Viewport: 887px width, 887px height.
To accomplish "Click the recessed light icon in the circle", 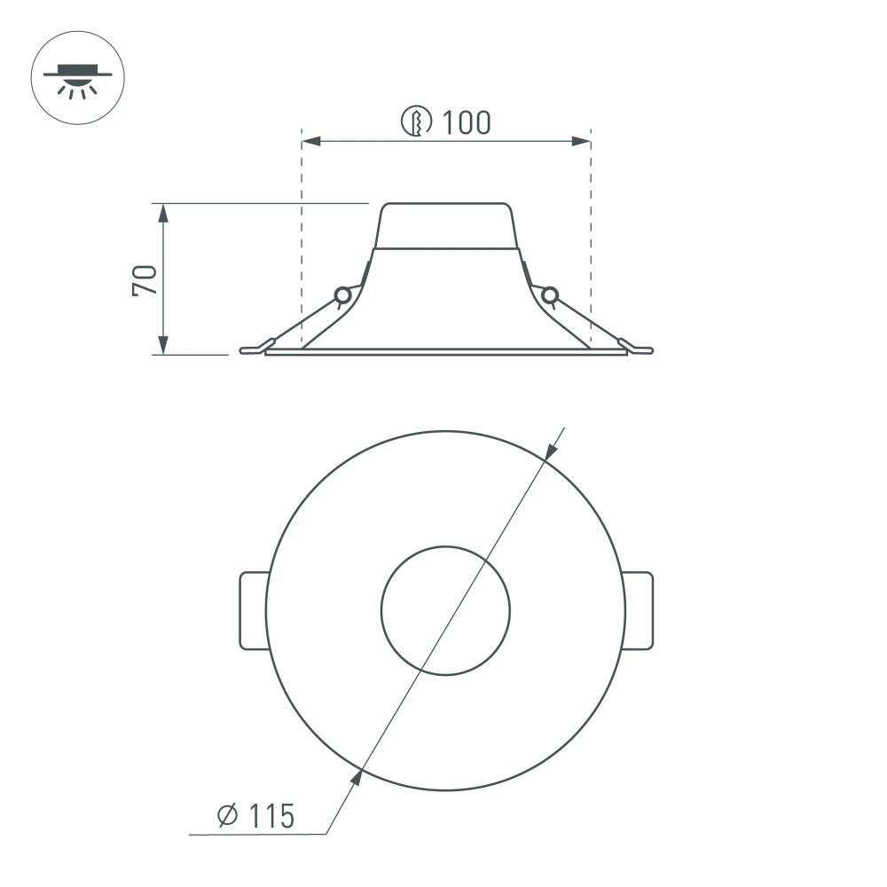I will tap(78, 78).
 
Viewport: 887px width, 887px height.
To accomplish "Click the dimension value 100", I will tap(467, 122).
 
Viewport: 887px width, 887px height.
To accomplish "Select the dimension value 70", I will tap(145, 279).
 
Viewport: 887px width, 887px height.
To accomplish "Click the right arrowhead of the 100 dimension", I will tap(583, 141).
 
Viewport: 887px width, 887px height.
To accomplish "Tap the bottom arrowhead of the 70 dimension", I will tap(162, 347).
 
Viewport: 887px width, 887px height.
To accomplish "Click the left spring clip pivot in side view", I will tap(341, 294).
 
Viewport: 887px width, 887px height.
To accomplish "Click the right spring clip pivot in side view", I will tap(549, 294).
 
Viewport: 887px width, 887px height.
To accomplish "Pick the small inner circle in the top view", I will tap(445, 610).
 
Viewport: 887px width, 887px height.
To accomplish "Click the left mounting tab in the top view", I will tap(254, 610).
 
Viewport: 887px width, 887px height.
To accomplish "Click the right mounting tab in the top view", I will tap(638, 610).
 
